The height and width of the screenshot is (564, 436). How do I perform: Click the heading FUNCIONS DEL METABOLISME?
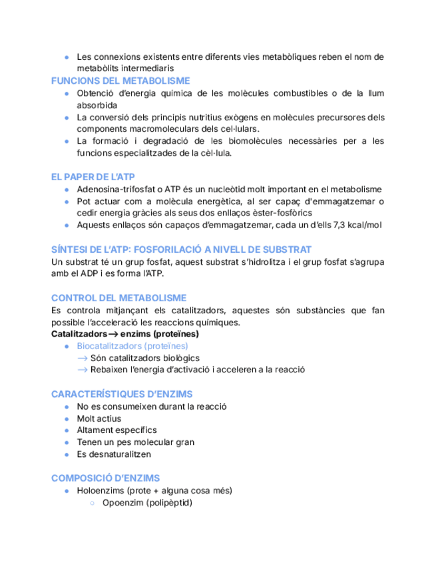tap(120, 80)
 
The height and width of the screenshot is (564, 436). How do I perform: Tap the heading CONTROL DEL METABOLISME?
tap(118, 298)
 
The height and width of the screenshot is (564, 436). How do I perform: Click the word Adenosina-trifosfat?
tap(114, 190)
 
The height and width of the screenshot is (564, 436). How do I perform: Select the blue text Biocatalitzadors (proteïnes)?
tap(132, 346)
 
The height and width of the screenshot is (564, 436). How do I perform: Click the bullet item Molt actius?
tap(99, 418)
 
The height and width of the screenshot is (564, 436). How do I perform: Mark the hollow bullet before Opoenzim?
tap(93, 503)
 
